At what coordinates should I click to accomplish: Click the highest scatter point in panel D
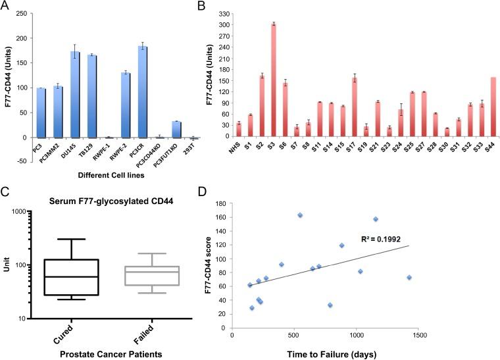[300, 215]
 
